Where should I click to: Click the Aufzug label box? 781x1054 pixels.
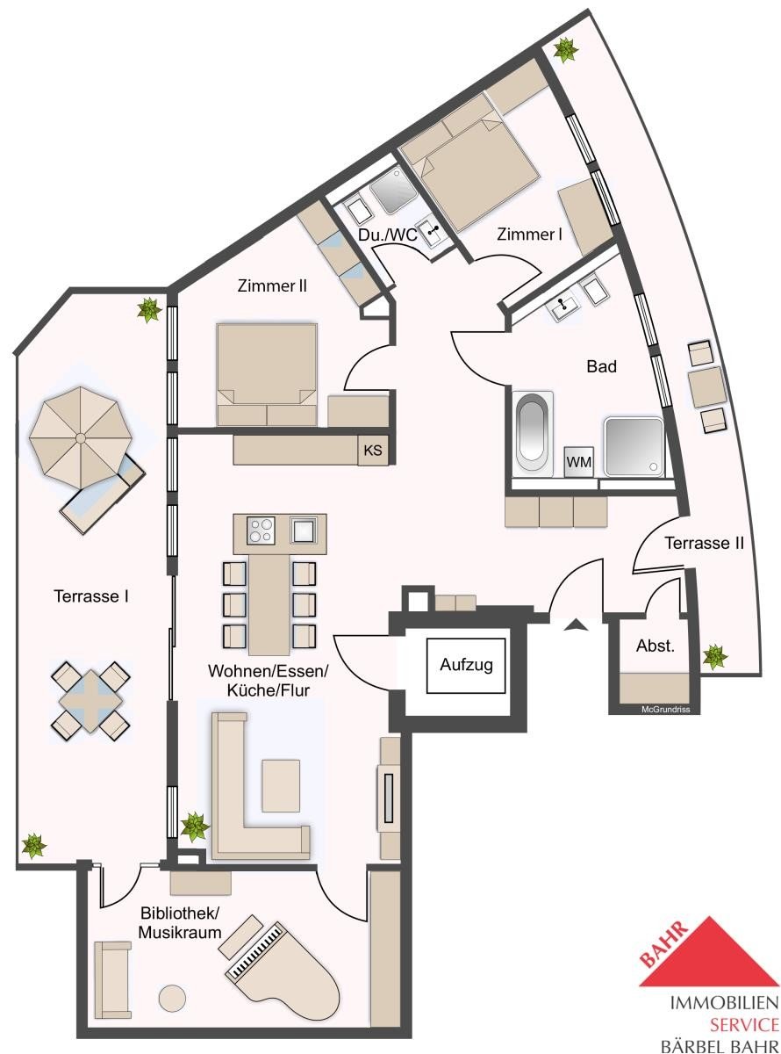pos(466,666)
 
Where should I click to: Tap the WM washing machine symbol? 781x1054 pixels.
pos(579,461)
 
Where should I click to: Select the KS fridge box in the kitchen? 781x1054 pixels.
pos(373,450)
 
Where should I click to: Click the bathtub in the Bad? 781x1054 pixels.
pos(533,433)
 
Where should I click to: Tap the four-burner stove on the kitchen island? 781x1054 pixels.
pos(261,530)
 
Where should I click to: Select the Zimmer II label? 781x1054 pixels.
pos(272,286)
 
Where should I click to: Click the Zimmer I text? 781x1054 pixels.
pos(529,235)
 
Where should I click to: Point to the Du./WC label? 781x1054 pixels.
pos(387,235)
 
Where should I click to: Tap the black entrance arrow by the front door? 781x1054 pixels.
pos(576,624)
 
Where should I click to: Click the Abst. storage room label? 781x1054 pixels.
pos(656,646)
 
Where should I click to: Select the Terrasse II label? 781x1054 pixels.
pos(704,543)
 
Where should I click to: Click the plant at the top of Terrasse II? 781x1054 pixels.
pos(565,49)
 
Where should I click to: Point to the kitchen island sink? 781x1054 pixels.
pos(304,530)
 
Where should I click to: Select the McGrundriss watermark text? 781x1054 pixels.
pos(665,710)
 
